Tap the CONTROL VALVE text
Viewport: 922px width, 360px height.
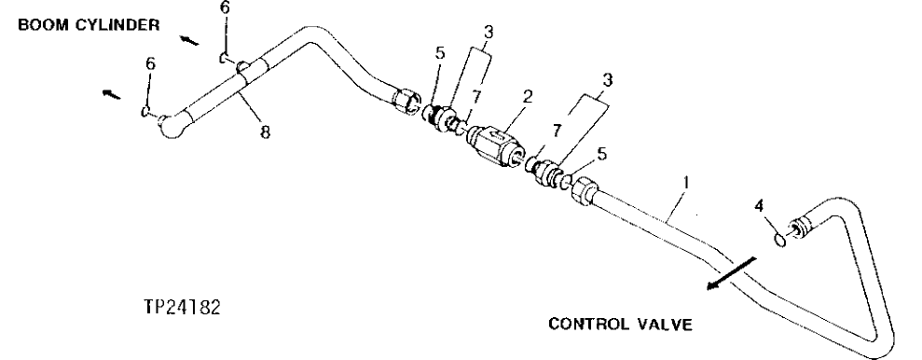[620, 325]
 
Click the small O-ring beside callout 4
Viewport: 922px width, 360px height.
[781, 240]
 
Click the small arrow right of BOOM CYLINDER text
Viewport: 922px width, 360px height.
[189, 39]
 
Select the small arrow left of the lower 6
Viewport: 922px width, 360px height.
[111, 93]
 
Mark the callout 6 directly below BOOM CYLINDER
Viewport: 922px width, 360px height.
[224, 8]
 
